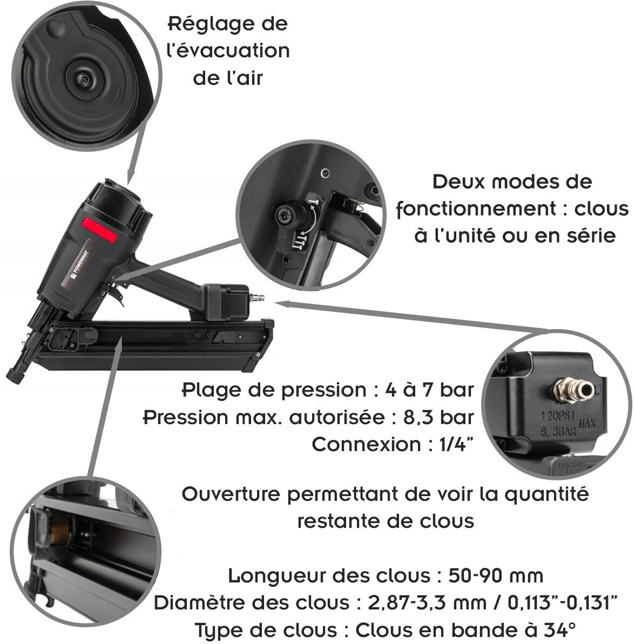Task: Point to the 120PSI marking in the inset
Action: (557, 416)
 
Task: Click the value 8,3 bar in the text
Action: (438, 417)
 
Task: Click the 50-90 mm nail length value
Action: (496, 575)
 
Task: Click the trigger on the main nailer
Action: (118, 296)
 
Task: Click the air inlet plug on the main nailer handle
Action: (257, 297)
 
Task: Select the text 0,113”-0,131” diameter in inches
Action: (562, 602)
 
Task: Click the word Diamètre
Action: (200, 602)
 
